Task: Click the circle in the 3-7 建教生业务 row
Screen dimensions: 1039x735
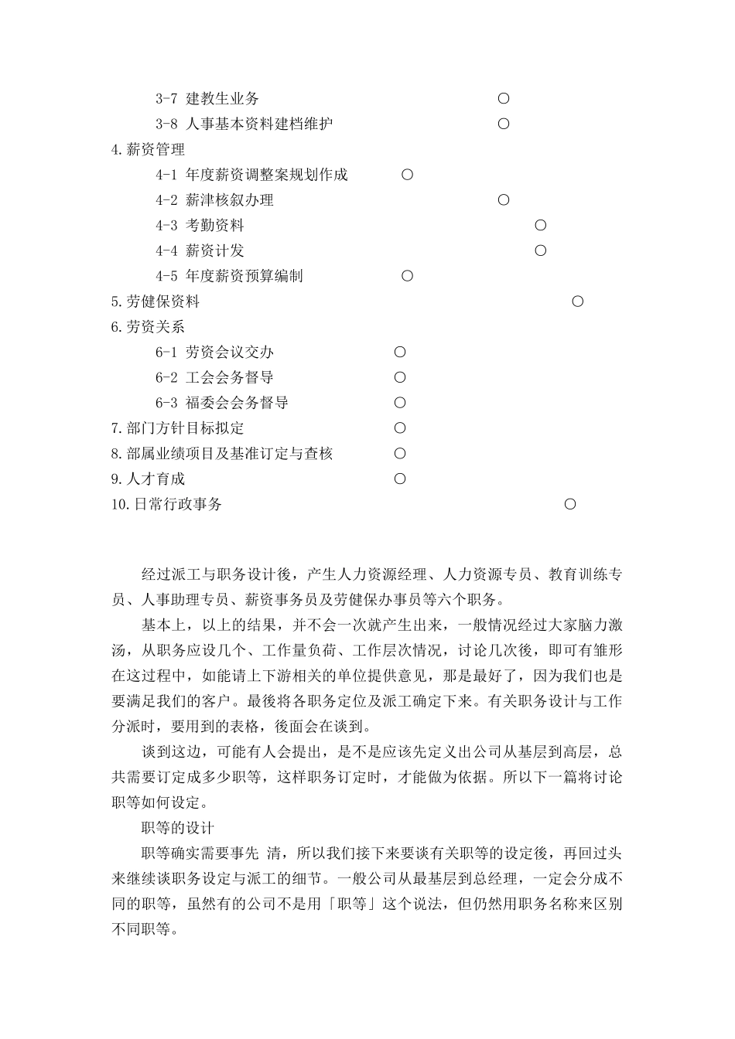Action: (504, 98)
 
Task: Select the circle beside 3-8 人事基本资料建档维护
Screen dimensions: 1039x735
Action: (504, 124)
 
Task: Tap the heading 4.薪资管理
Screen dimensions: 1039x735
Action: (148, 149)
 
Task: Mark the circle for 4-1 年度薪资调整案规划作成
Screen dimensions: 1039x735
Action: (407, 175)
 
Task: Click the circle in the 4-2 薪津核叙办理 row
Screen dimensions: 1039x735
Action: (504, 200)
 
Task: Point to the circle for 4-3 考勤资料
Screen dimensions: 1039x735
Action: (541, 226)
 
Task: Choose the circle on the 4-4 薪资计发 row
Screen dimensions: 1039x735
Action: (541, 250)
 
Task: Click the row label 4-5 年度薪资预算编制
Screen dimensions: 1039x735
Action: (229, 276)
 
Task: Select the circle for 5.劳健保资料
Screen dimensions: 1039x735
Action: (577, 301)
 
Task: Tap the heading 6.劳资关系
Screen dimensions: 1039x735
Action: (148, 327)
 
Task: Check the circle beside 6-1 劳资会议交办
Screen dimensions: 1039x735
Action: (400, 353)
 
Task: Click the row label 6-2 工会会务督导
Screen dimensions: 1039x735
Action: (214, 377)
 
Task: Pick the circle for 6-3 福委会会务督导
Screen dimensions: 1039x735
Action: (400, 403)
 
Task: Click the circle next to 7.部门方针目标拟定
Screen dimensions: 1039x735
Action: (400, 428)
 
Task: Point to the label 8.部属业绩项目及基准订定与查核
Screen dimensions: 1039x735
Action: (222, 454)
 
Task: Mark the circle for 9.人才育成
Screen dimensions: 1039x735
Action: (400, 479)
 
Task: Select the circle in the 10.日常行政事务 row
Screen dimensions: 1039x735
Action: (570, 504)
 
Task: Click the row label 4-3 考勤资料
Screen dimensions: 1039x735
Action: (200, 226)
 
